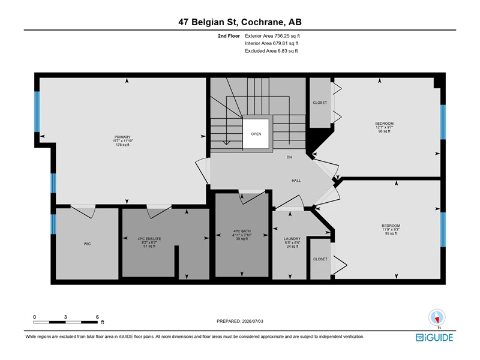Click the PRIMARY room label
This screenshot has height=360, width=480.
point(122,137)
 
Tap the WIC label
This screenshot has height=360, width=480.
point(87,244)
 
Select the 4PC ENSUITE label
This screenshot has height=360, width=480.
point(149,239)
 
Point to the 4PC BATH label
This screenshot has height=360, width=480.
point(242,231)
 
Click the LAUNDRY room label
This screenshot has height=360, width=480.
point(292,239)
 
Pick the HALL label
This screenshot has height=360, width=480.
point(296,181)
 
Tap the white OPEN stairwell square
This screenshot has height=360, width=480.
point(256,134)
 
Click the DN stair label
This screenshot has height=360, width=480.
point(289,157)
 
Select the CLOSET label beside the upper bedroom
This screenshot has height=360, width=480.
point(320,103)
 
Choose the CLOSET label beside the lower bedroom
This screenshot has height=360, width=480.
point(320,259)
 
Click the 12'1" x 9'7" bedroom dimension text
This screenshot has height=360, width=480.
point(385,127)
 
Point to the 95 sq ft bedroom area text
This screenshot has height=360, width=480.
point(391,233)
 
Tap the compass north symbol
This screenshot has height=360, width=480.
point(437,318)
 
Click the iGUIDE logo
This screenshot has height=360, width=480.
point(434,337)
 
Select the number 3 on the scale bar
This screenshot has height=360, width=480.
point(65,317)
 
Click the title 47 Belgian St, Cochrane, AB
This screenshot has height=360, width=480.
point(240,22)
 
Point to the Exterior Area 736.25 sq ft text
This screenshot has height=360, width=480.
point(272,36)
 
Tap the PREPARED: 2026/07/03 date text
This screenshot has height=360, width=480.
point(240,321)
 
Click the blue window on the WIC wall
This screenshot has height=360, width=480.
point(53,224)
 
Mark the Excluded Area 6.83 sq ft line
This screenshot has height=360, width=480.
point(271,51)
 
